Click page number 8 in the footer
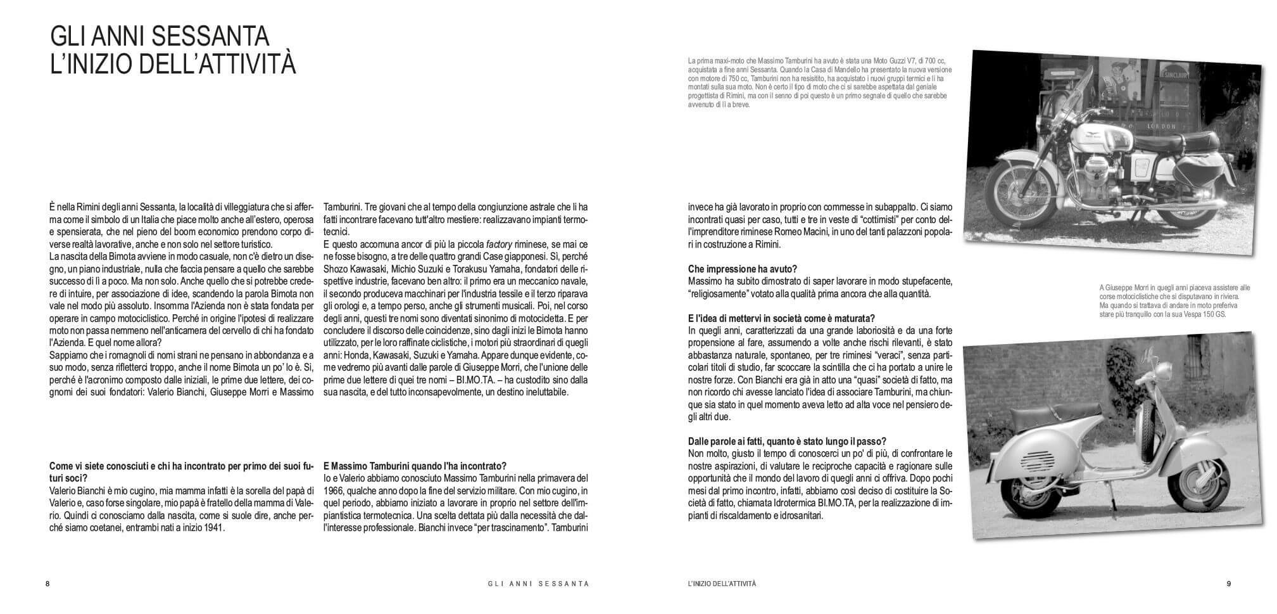[x=47, y=584]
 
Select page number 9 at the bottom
[x=1229, y=584]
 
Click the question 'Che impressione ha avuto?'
[x=742, y=269]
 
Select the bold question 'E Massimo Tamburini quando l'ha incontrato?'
[x=415, y=466]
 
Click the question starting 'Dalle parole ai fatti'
[x=787, y=442]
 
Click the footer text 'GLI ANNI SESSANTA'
[x=534, y=584]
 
